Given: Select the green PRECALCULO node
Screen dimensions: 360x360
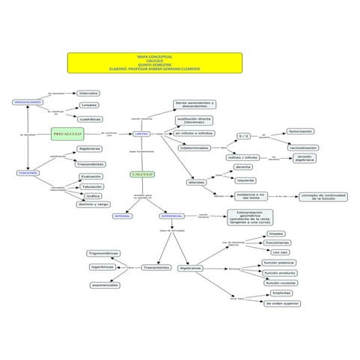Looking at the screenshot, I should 67,133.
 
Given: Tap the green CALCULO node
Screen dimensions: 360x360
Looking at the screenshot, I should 142,174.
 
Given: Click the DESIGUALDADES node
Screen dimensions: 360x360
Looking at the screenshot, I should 28,102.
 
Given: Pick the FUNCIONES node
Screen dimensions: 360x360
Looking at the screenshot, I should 28,173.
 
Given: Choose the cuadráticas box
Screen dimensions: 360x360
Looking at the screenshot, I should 90,119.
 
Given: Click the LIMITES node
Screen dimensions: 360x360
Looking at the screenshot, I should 141,134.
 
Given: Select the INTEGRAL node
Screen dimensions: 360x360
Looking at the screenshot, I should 123,216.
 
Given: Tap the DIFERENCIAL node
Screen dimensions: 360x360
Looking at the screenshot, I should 171,216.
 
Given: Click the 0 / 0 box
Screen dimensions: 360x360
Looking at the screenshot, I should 243,136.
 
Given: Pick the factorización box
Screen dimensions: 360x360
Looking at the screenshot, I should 301,131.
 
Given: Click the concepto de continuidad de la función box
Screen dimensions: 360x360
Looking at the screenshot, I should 323,197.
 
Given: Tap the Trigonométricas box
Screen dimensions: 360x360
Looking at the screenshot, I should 103,254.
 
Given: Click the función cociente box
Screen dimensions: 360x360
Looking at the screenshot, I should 281,283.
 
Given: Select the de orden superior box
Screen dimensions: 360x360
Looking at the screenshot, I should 281,303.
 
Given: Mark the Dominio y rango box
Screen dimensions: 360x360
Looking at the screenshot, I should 94,204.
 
